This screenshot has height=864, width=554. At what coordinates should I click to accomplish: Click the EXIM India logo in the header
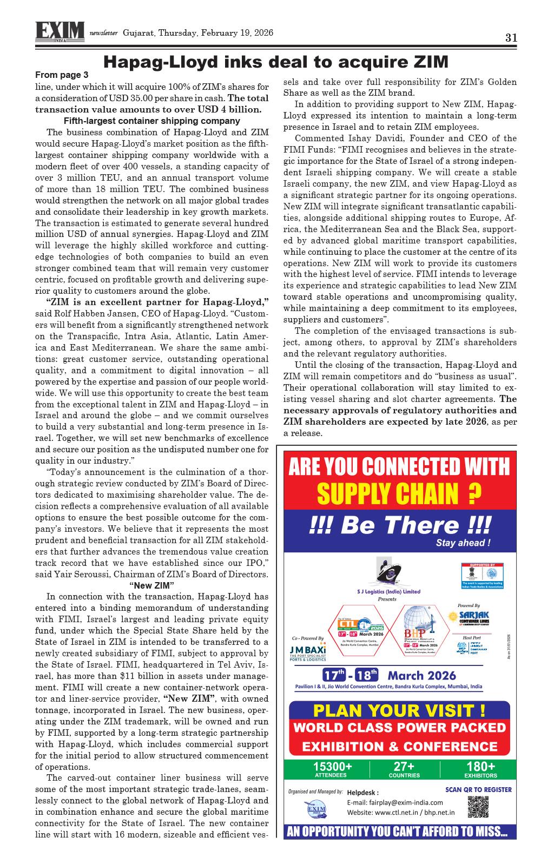coord(60,31)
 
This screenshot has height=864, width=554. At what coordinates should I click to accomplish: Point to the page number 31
coord(511,37)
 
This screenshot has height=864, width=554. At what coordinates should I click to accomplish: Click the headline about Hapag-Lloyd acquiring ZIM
coord(276,62)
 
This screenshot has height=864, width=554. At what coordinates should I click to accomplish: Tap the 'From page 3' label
coord(61,75)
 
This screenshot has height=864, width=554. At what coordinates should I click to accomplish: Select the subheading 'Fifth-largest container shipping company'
coord(152,121)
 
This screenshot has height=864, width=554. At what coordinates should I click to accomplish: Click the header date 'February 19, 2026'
coord(237,32)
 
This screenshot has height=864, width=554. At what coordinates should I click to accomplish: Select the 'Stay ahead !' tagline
coord(463,543)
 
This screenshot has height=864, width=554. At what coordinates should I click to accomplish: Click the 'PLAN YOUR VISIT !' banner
coord(399,710)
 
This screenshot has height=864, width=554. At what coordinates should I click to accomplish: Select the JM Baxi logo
coord(308,651)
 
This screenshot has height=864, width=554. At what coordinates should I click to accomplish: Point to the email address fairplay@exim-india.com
coord(394,802)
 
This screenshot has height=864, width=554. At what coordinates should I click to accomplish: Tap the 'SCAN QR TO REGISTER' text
coord(478,789)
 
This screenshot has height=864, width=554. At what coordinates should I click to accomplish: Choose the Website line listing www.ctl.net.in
coord(400,812)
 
